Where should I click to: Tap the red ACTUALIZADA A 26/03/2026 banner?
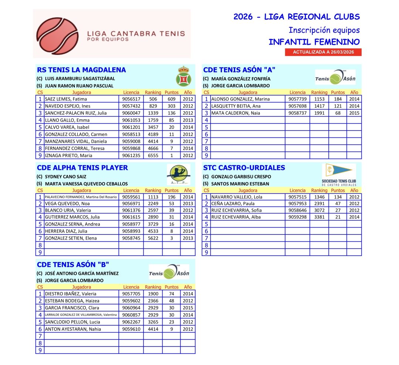[323, 52]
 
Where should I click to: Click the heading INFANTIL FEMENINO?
[314, 42]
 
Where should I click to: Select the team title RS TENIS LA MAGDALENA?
[81, 70]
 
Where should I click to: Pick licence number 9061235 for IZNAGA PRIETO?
[131, 156]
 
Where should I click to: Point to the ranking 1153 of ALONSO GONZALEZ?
[319, 99]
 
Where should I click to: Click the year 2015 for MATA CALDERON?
[354, 113]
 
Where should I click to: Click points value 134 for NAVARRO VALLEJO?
[337, 197]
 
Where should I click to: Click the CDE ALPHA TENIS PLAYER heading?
[82, 168]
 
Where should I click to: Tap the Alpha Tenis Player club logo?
[178, 174]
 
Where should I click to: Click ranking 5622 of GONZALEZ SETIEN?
[153, 238]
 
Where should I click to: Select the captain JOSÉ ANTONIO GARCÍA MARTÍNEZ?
[81, 274]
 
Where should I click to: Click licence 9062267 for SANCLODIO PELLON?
[131, 322]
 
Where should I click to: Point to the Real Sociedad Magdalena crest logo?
[183, 76]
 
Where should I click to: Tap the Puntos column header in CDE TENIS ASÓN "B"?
[171, 287]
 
